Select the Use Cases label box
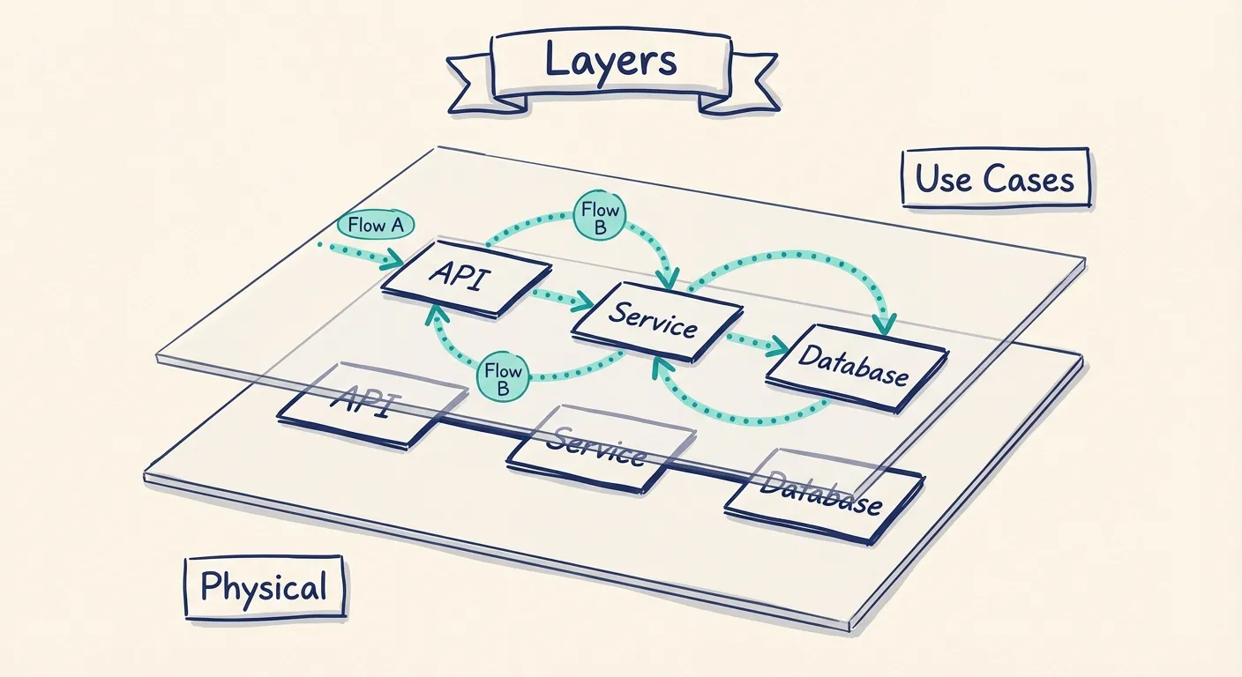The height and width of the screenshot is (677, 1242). point(995,180)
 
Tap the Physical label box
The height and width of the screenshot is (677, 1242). point(264,586)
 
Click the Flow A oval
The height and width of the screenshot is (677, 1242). point(376,226)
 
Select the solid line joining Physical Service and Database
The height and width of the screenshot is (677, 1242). point(710,472)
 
